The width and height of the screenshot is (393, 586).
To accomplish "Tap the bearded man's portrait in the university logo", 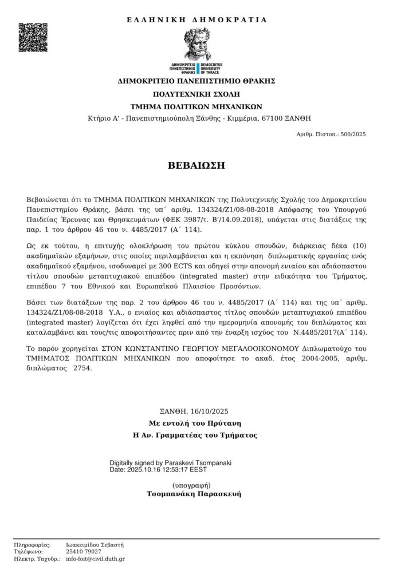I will [x=197, y=42].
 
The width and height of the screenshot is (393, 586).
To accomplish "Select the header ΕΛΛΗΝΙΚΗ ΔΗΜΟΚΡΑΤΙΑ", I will [x=196, y=19].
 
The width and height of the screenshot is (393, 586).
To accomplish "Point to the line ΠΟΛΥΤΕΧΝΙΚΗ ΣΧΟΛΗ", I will [x=196, y=93].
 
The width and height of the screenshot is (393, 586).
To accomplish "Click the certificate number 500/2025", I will [x=352, y=134].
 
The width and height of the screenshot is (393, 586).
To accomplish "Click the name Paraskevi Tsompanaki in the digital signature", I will [x=198, y=462].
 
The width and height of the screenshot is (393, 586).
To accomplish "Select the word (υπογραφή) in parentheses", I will [x=196, y=485].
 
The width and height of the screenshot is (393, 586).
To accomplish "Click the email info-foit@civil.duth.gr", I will [x=95, y=559].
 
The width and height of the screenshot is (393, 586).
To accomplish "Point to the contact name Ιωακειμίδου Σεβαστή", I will [x=95, y=545].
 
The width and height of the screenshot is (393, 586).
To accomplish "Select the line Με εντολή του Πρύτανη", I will [x=196, y=423].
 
